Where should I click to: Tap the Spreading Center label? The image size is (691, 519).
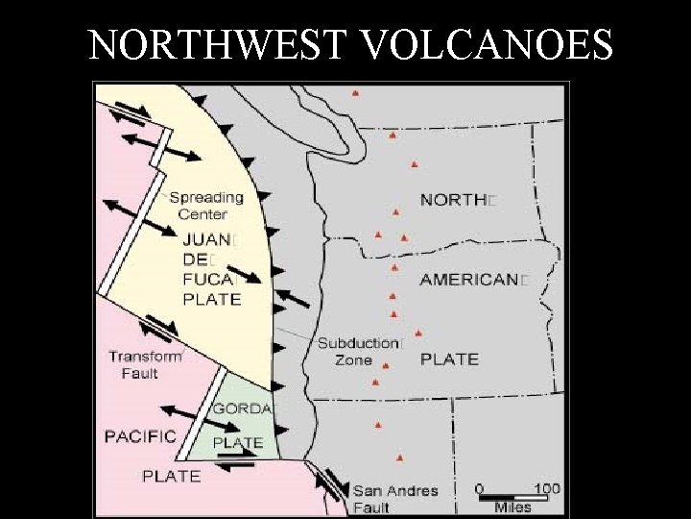point(206,206)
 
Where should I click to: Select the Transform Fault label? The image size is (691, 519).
point(145,364)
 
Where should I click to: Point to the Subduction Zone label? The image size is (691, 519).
point(357,351)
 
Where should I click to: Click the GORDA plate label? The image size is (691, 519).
point(242,408)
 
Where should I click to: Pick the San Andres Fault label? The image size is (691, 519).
point(394,499)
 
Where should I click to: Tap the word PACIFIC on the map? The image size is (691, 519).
point(140,436)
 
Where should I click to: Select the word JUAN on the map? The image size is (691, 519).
point(206,240)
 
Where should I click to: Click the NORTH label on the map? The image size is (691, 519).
point(456,201)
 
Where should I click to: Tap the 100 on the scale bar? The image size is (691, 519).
point(546,489)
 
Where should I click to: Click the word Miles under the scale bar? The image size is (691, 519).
point(512,507)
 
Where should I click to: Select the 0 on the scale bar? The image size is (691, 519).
point(480,489)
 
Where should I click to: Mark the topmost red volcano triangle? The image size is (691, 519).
point(355,93)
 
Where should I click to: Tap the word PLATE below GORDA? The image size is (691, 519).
point(237,443)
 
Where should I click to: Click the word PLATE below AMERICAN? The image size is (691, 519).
point(449,358)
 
